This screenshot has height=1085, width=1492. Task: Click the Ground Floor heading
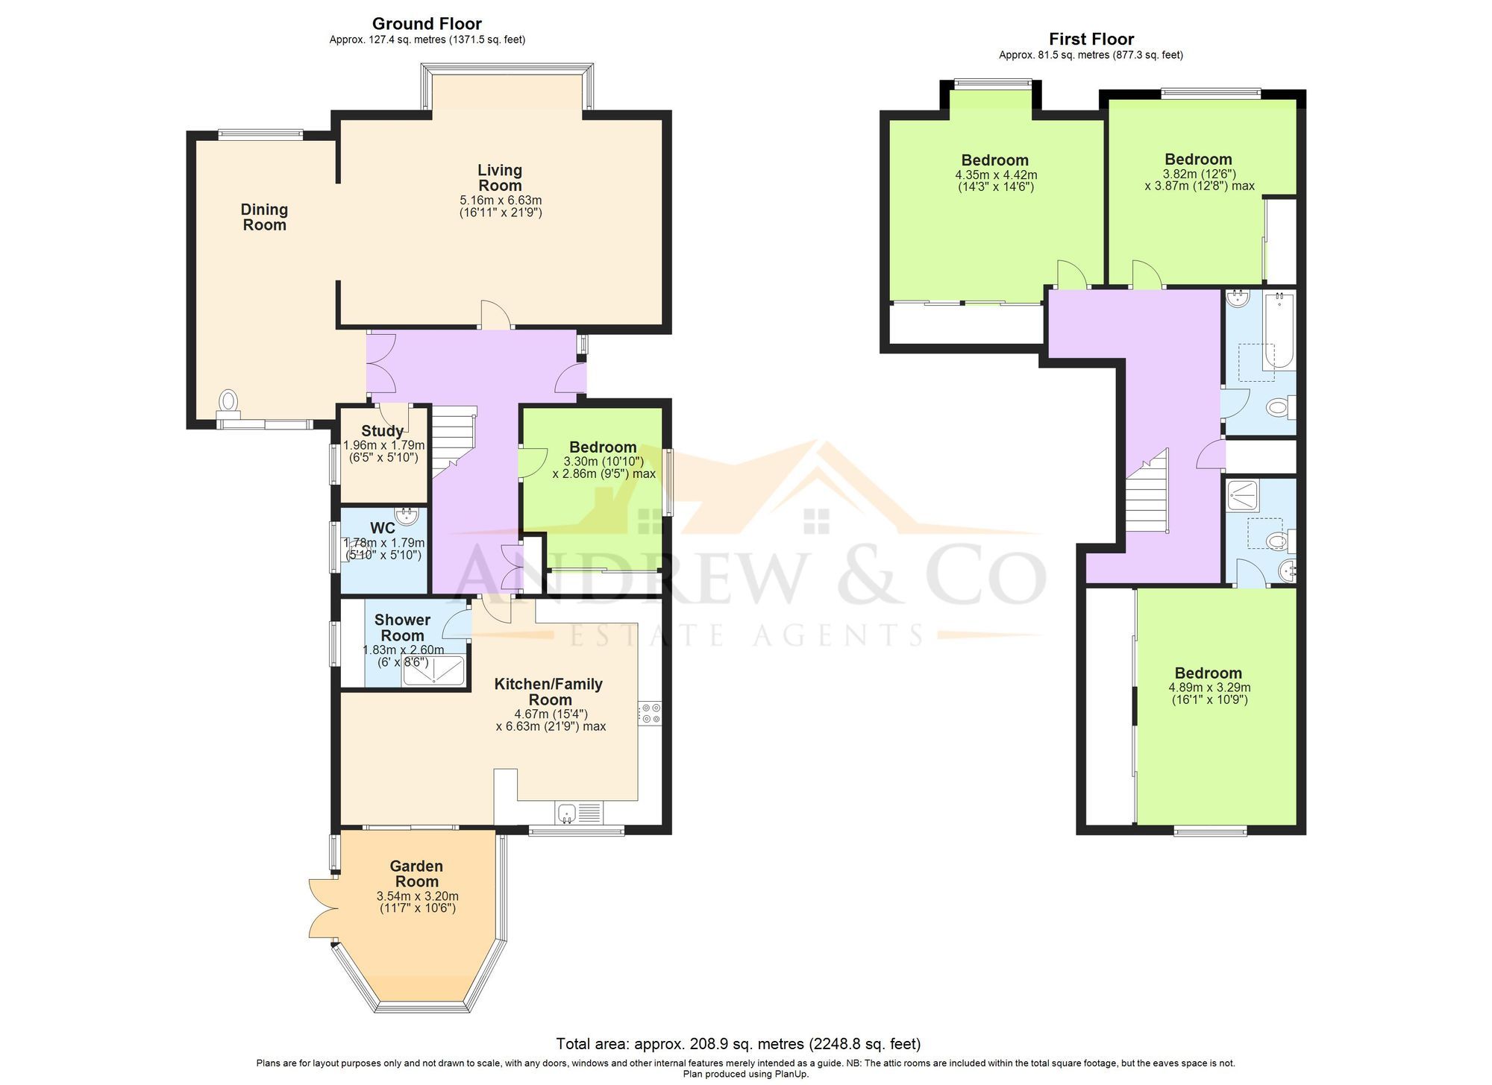427,24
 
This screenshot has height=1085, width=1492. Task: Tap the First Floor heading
1091,40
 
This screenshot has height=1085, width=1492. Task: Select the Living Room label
500,178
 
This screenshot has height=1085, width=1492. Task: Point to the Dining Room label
264,217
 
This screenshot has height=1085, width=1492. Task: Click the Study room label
382,431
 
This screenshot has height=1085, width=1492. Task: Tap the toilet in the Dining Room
228,401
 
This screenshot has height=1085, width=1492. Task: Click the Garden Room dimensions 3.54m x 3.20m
417,896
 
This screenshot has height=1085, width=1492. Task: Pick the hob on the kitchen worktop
649,713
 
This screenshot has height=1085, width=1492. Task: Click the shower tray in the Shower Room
433,671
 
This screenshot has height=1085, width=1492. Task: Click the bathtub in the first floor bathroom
1279,330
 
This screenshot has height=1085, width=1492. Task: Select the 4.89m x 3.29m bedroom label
1209,673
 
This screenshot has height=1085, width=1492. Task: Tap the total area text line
738,1044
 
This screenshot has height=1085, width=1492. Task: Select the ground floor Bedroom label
603,447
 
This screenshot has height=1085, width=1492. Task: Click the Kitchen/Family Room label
549,691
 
